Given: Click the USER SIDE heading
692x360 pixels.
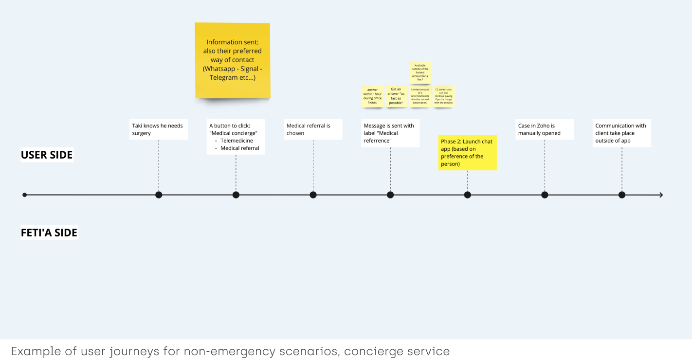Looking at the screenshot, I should click(x=47, y=155).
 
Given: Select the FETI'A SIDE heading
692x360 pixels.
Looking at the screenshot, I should click(x=49, y=233).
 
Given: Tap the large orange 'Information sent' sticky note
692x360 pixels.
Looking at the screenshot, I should click(x=232, y=60).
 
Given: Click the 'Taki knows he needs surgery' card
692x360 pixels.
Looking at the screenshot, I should click(x=158, y=129).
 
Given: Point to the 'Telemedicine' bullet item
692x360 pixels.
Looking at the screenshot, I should click(x=237, y=141).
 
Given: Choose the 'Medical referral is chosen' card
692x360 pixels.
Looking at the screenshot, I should click(x=313, y=129).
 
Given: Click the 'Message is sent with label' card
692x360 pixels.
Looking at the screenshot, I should click(x=390, y=133).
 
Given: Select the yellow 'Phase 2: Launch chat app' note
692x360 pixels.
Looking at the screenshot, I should click(x=467, y=152).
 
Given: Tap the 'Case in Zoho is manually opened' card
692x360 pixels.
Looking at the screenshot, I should click(x=545, y=129).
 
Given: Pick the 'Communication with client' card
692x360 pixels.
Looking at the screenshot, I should click(x=621, y=133).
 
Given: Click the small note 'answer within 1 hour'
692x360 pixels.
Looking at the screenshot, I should click(x=372, y=96).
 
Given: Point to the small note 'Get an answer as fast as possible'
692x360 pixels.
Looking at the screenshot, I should click(x=396, y=96).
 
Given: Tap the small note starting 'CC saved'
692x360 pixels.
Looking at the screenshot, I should click(x=443, y=96).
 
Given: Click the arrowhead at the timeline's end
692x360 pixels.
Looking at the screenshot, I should click(x=661, y=195).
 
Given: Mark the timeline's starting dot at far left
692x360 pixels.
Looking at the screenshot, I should click(x=25, y=195).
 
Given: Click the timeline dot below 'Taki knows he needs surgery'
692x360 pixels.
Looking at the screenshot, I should click(x=159, y=195).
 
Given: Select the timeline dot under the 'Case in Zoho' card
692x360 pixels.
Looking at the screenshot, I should click(x=545, y=195).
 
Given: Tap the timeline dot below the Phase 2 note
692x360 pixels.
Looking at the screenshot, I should click(x=467, y=195).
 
